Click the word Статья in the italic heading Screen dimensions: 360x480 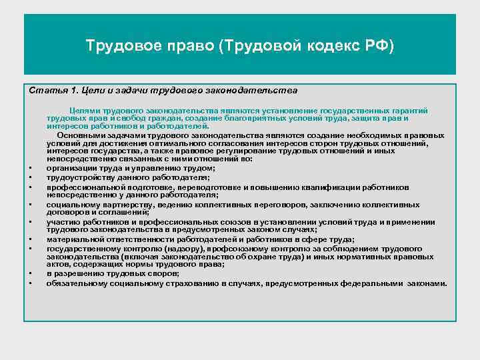pos(44,89)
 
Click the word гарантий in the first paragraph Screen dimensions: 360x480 pos(409,110)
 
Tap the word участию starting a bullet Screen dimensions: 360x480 pos(62,223)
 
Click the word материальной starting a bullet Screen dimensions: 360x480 pos(73,239)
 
